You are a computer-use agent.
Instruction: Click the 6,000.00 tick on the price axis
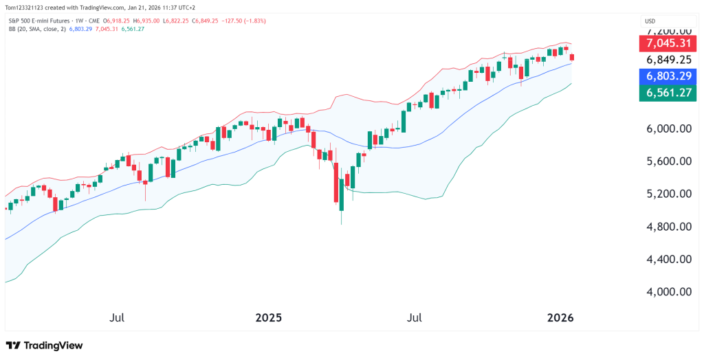[x=666, y=128]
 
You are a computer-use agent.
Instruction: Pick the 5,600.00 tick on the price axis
[x=666, y=161]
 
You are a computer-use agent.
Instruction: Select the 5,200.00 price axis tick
[x=666, y=194]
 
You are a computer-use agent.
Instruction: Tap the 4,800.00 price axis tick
[x=666, y=227]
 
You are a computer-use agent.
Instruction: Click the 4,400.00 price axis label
[x=666, y=259]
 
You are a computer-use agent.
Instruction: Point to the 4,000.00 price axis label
[x=666, y=292]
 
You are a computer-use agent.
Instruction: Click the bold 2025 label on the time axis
[x=269, y=318]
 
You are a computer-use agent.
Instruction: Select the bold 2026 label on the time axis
[x=560, y=318]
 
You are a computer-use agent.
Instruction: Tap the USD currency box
[x=650, y=21]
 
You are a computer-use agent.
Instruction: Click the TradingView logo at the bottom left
[x=44, y=346]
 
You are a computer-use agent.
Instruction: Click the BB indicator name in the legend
[x=12, y=30]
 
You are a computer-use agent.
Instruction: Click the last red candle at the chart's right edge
[x=572, y=57]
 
